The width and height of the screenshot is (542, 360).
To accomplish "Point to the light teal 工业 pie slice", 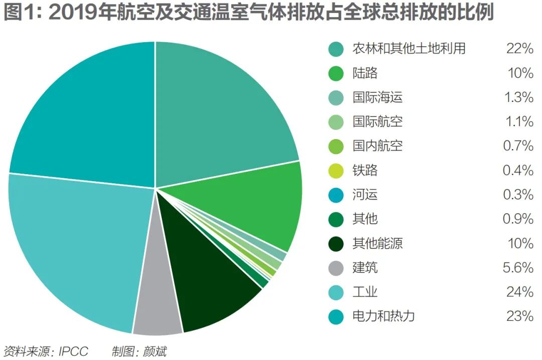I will (75, 241).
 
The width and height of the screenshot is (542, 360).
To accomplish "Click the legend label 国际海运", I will (377, 97).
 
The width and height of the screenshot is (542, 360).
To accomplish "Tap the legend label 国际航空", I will (377, 122).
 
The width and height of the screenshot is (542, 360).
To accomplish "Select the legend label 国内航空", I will (377, 146).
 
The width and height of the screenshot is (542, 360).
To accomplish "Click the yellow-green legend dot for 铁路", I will (336, 171).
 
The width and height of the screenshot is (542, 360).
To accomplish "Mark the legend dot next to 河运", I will (336, 195).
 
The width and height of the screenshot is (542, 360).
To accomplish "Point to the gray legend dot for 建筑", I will (336, 268).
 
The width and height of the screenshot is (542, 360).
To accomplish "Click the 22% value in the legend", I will (519, 49).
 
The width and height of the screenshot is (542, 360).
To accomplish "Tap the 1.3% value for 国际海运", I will (518, 97).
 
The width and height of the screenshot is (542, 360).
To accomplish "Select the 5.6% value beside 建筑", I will (518, 268).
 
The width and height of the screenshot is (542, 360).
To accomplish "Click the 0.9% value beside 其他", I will (518, 219).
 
